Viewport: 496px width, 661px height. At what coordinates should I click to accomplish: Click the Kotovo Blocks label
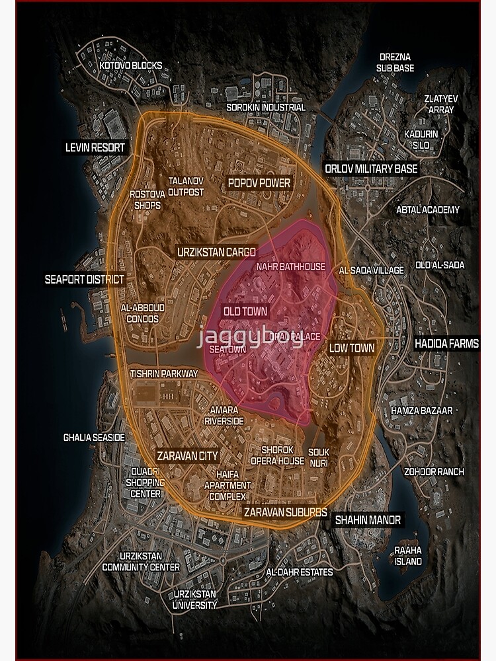pos(131,66)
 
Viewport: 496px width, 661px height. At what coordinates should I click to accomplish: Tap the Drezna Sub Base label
pos(395,62)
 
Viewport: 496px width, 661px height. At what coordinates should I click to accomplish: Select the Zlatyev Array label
pos(441,104)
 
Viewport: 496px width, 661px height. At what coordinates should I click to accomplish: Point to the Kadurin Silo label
pos(421,139)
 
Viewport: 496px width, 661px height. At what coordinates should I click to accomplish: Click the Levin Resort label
pos(95,147)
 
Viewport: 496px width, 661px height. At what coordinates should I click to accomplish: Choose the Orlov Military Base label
pos(371,169)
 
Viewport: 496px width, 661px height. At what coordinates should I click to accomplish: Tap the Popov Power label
pos(259,182)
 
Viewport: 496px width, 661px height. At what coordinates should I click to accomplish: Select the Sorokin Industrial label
pos(266,107)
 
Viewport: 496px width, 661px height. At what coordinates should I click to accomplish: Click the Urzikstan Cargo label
pos(216,252)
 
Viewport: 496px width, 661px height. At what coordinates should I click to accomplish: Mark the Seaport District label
pos(84,279)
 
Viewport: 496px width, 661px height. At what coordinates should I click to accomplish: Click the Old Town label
pos(245,311)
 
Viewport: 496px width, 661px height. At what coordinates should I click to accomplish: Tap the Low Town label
pos(352,348)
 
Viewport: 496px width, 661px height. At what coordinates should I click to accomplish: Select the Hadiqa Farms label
pos(446,344)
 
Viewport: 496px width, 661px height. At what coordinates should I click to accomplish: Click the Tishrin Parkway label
pos(164,373)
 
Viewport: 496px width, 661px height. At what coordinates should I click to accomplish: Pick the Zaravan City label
pos(187,455)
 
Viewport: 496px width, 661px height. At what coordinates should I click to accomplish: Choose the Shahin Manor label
pos(368,520)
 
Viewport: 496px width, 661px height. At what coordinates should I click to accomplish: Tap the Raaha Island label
pos(408,556)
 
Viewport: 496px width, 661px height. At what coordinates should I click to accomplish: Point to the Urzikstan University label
pos(194,599)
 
